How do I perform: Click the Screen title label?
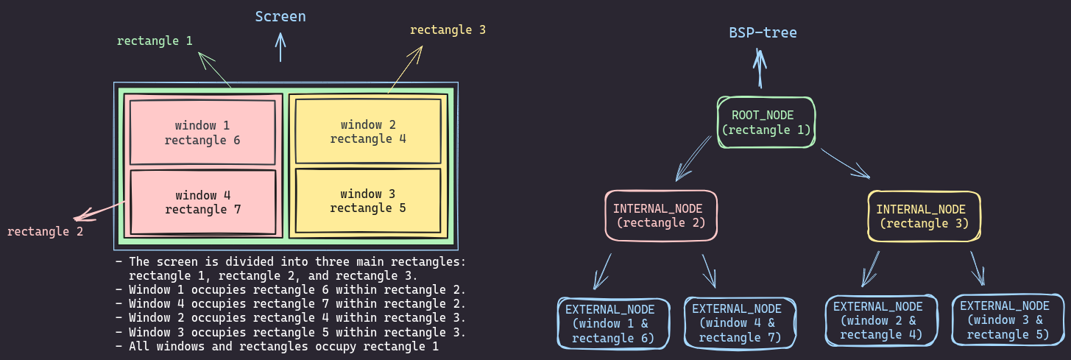click(280, 16)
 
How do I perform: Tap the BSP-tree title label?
click(763, 32)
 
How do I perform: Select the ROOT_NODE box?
click(766, 121)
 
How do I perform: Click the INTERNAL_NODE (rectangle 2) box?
click(661, 215)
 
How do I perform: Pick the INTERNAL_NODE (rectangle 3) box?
click(924, 216)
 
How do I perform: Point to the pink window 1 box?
click(202, 133)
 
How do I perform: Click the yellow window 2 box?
click(368, 132)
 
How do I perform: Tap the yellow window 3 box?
click(368, 201)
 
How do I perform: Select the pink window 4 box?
click(202, 202)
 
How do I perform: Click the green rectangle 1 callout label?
click(155, 40)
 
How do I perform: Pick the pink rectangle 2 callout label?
click(45, 231)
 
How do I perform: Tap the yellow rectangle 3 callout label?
click(448, 30)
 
